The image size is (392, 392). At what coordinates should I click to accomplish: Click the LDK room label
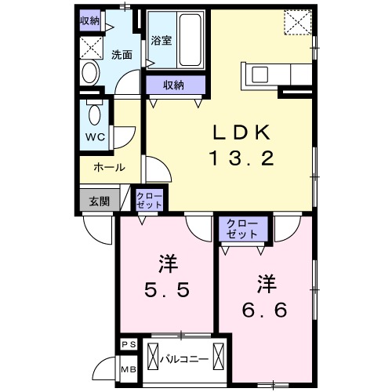pyautogui.click(x=241, y=132)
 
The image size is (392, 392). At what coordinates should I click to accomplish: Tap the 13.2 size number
pyautogui.click(x=242, y=158)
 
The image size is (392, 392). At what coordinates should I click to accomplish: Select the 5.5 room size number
pyautogui.click(x=167, y=290)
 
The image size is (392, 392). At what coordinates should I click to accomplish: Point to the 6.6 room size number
pyautogui.click(x=265, y=310)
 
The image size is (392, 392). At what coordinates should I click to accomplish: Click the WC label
pyautogui.click(x=96, y=137)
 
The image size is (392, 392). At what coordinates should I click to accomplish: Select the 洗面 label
pyautogui.click(x=122, y=55)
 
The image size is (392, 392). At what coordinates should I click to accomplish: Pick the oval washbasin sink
pyautogui.click(x=91, y=72)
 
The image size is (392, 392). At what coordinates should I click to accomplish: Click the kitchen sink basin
pyautogui.click(x=260, y=74)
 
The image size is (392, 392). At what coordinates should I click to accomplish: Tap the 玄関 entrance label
pyautogui.click(x=100, y=201)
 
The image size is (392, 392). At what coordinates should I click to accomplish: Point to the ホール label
pyautogui.click(x=110, y=167)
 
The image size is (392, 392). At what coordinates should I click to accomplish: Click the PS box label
pyautogui.click(x=129, y=344)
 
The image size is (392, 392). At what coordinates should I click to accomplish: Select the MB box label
pyautogui.click(x=129, y=369)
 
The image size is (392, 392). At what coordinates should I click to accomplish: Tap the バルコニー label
pyautogui.click(x=184, y=359)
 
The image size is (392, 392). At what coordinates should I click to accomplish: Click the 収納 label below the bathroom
pyautogui.click(x=173, y=85)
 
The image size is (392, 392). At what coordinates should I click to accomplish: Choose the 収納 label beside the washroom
pyautogui.click(x=90, y=20)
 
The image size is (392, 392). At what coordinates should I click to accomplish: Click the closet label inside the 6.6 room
pyautogui.click(x=242, y=229)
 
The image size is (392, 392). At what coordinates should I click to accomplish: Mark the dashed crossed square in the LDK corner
pyautogui.click(x=298, y=22)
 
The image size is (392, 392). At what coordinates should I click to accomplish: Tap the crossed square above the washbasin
pyautogui.click(x=91, y=48)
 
